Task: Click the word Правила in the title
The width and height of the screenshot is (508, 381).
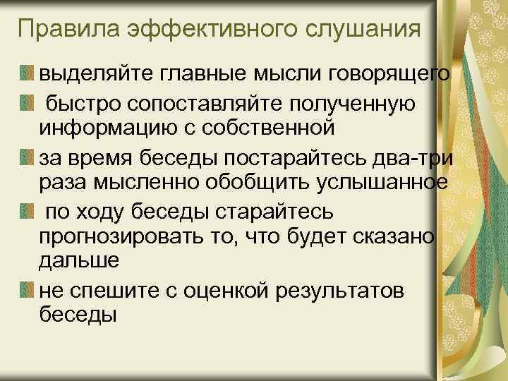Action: [67, 30]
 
